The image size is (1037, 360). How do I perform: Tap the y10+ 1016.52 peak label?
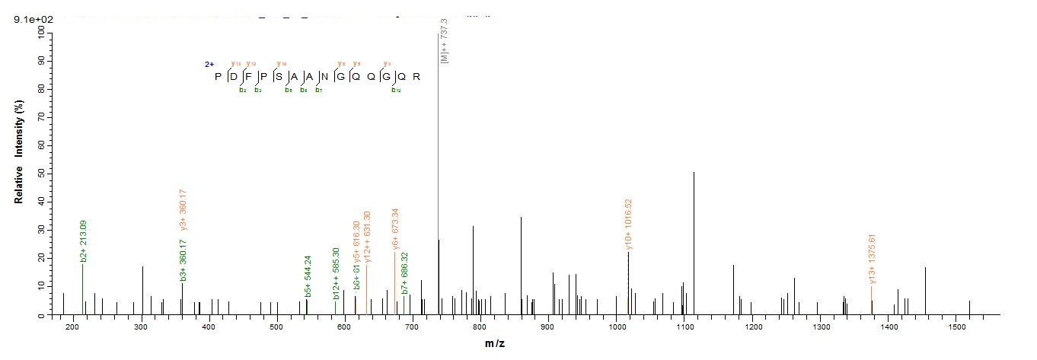pos(629,225)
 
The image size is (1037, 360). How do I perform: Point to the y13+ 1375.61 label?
pos(873,259)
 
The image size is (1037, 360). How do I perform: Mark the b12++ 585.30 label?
pos(336,272)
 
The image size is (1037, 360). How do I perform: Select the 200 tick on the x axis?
pos(72,327)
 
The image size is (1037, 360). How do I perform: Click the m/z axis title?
pos(494,344)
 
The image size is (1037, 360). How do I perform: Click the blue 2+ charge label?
pos(208,65)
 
